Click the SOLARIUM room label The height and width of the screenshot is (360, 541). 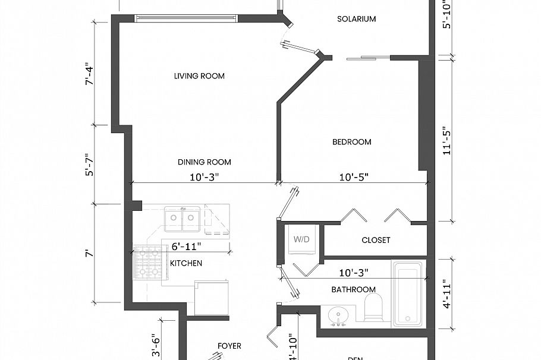tap(356, 19)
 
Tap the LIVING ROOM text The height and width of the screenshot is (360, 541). tap(199, 76)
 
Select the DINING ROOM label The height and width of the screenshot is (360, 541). tap(204, 162)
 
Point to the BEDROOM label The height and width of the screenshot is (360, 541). tap(351, 142)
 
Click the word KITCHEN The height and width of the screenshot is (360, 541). tap(186, 263)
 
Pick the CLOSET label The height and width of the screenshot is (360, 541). tap(376, 240)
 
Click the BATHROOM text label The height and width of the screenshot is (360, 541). tap(353, 289)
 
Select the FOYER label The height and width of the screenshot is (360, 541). tap(229, 346)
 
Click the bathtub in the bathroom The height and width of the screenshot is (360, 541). tap(407, 293)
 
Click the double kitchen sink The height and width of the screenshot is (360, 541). tap(182, 219)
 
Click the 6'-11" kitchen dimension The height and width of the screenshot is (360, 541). tap(186, 245)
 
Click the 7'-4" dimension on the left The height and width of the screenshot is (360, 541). tap(90, 75)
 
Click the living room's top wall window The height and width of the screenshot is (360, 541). tap(186, 18)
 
